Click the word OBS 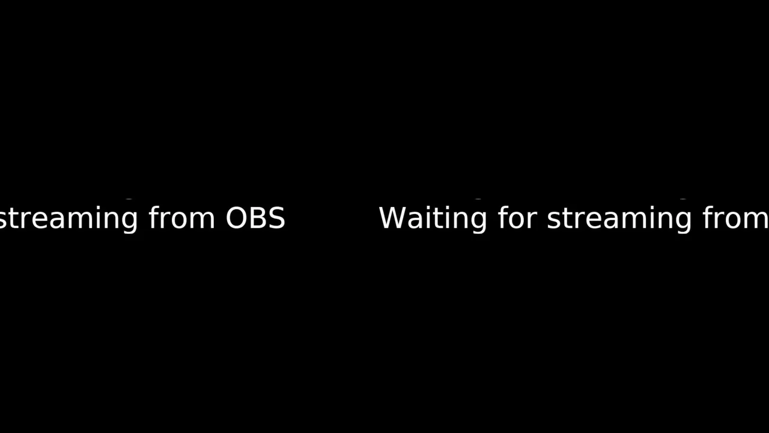[255, 218]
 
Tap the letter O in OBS [236, 218]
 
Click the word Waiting [433, 220]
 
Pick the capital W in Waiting [393, 218]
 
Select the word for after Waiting [517, 217]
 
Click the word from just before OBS [181, 217]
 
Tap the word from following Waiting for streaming [735, 217]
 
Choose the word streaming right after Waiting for [619, 220]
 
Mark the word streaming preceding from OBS [68, 220]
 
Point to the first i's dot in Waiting [428, 207]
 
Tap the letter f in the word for [503, 217]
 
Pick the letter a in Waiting [415, 220]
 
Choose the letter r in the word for [532, 220]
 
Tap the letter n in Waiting [458, 220]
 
